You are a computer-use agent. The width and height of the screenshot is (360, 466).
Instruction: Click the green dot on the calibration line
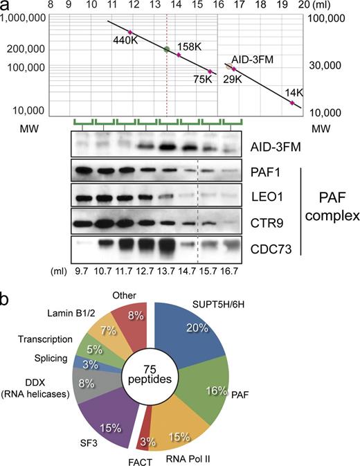point(166,49)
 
